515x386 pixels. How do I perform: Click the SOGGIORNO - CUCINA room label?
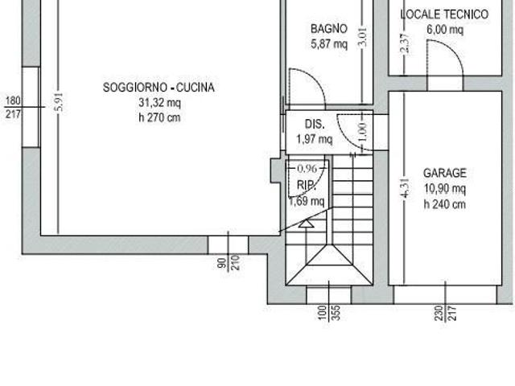(159, 88)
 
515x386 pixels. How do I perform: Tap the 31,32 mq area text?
(159, 102)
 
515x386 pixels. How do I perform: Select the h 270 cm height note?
(159, 117)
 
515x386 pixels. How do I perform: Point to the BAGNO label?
(329, 29)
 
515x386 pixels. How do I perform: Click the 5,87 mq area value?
(329, 43)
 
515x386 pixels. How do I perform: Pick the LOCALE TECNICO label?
(444, 14)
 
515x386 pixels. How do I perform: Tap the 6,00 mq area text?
(445, 30)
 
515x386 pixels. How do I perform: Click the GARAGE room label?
(445, 173)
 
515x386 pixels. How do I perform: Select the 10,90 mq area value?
(445, 189)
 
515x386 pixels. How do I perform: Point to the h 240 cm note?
(445, 204)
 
